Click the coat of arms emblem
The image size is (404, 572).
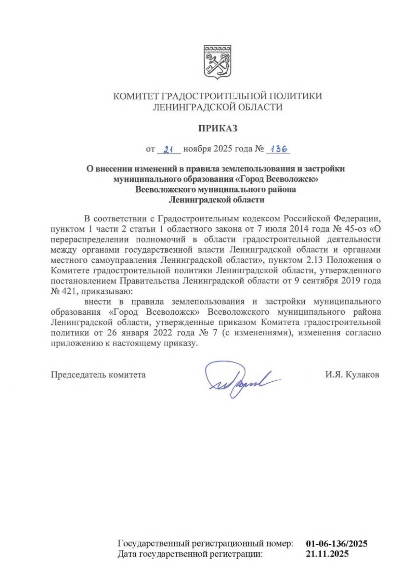217,62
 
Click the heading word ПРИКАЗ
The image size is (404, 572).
217,128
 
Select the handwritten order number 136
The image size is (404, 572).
278,149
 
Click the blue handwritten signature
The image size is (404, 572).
241,379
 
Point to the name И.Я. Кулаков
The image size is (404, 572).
352,375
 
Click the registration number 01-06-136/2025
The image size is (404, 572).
336,543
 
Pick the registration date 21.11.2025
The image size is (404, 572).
327,553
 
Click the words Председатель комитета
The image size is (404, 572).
98,375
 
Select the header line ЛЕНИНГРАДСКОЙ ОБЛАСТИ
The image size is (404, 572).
217,107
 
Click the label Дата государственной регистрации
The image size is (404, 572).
190,553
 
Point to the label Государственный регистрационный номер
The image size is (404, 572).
205,543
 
